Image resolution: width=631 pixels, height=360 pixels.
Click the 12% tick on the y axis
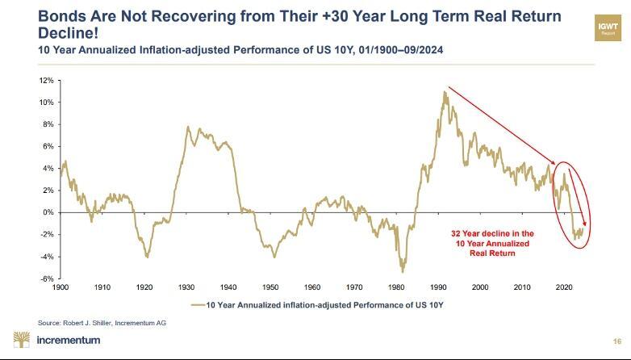coord(47,81)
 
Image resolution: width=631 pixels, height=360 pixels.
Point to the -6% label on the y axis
coord(47,278)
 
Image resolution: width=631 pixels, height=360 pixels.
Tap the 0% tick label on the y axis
coord(48,212)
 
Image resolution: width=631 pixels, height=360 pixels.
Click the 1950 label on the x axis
coord(270,287)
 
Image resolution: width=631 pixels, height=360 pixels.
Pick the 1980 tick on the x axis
coord(396,287)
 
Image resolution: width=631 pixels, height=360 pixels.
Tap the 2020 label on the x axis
coord(565,287)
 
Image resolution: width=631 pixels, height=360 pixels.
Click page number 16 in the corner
coord(617,341)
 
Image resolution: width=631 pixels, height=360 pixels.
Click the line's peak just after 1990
coord(445,92)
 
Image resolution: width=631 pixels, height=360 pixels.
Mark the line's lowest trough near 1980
coord(402,270)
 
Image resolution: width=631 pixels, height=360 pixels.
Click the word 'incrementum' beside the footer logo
coord(69,340)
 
